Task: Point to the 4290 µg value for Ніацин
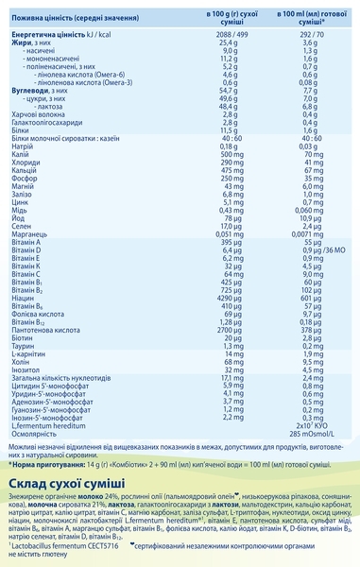pos(223,321)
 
